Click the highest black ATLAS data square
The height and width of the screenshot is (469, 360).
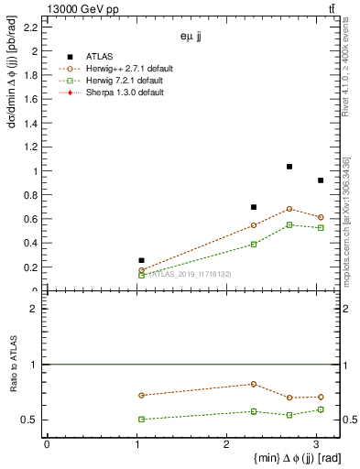click(x=289, y=167)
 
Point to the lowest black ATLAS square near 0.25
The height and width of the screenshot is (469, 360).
click(x=141, y=260)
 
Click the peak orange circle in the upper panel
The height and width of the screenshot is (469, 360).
click(x=289, y=209)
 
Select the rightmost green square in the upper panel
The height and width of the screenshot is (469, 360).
click(x=321, y=227)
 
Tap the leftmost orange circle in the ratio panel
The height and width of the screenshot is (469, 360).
click(x=141, y=395)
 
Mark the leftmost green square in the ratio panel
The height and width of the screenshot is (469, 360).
click(x=141, y=419)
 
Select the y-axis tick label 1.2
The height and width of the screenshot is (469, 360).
click(x=31, y=147)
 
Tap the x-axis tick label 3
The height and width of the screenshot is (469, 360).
click(x=316, y=444)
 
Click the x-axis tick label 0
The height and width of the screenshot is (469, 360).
click(x=47, y=444)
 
